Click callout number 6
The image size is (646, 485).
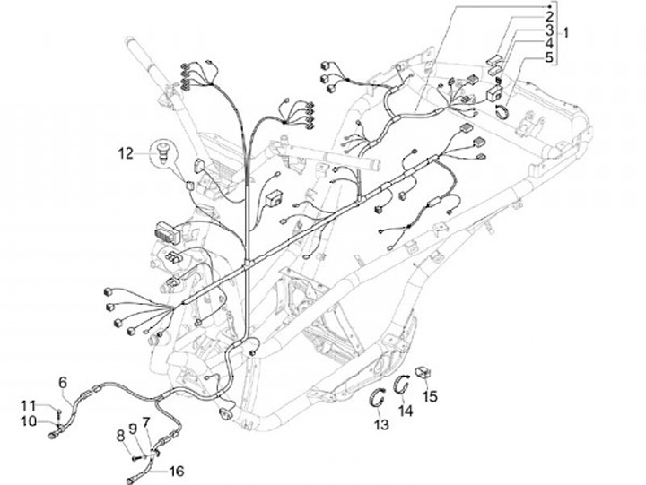tap(63, 382)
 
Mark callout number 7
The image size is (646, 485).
tap(146, 422)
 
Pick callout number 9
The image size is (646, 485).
tap(132, 429)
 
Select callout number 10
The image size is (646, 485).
tap(29, 420)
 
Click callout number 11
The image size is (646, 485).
tap(29, 405)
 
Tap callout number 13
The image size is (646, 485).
tap(383, 425)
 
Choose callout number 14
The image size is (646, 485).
tap(406, 411)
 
